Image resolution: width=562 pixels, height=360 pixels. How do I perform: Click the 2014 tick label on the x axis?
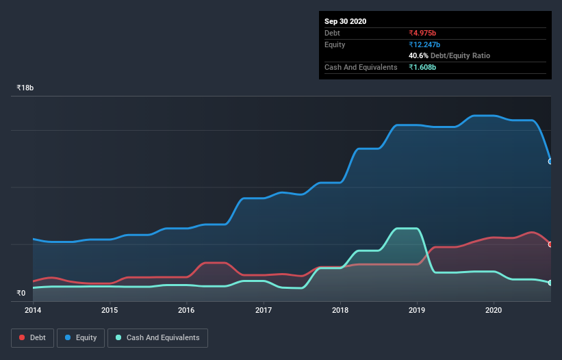click(32, 310)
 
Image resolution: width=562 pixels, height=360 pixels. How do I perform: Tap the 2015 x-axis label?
click(110, 310)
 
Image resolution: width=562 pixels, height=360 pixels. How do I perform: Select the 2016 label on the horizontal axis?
click(186, 310)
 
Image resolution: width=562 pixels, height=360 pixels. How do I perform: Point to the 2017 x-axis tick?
click(263, 310)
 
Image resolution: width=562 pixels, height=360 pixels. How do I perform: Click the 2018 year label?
click(340, 310)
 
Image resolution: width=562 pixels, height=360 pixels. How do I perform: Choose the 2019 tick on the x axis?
click(416, 310)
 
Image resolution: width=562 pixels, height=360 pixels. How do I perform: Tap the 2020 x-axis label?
click(493, 310)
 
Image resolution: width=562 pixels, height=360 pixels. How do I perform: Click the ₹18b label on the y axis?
click(25, 88)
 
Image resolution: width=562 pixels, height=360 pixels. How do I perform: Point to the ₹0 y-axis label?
click(21, 293)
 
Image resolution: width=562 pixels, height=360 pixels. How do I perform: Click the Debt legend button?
click(31, 337)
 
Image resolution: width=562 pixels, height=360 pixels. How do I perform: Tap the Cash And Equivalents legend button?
click(157, 337)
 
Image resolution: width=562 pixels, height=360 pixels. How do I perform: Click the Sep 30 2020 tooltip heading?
click(345, 21)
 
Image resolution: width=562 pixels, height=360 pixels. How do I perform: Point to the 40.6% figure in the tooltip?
click(418, 55)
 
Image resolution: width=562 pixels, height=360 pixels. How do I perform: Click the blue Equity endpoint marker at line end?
click(550, 162)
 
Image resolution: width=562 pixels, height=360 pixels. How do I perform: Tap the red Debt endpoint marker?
click(550, 244)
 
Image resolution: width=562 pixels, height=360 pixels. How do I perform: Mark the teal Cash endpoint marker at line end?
click(550, 283)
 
